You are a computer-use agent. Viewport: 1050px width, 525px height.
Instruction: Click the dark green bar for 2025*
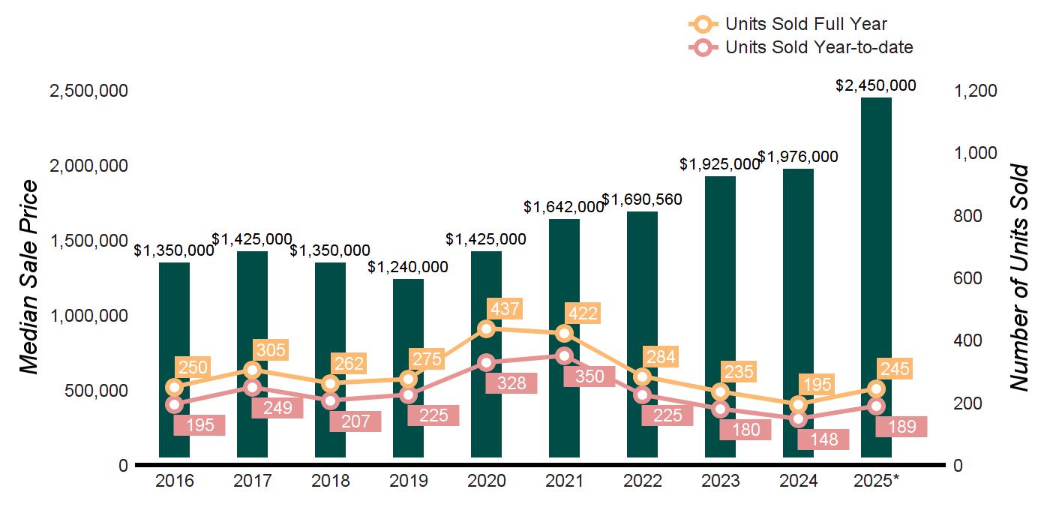pyautogui.click(x=876, y=277)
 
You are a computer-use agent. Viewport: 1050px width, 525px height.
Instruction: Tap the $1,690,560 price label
pyautogui.click(x=642, y=199)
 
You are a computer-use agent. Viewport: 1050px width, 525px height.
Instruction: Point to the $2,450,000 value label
pyautogui.click(x=876, y=85)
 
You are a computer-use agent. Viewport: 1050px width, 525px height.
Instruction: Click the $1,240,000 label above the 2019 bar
pyautogui.click(x=408, y=267)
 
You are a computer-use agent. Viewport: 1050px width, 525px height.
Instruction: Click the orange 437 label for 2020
pyautogui.click(x=503, y=308)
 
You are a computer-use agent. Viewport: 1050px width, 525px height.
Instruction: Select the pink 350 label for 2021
pyautogui.click(x=589, y=376)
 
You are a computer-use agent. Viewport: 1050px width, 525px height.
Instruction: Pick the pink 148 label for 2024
pyautogui.click(x=823, y=439)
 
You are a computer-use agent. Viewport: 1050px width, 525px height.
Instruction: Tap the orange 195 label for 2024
pyautogui.click(x=817, y=385)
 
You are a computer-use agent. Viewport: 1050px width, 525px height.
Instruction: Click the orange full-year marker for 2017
pyautogui.click(x=253, y=370)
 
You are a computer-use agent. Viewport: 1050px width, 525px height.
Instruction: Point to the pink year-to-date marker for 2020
pyautogui.click(x=487, y=363)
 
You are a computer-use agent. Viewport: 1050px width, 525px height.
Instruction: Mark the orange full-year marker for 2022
pyautogui.click(x=643, y=376)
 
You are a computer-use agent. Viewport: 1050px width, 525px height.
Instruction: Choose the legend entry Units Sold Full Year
pyautogui.click(x=805, y=25)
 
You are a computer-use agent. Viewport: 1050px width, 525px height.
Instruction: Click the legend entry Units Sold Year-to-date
pyautogui.click(x=818, y=47)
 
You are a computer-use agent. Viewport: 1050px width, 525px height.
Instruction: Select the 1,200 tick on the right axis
pyautogui.click(x=975, y=91)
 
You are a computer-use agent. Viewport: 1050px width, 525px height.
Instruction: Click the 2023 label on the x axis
pyautogui.click(x=720, y=481)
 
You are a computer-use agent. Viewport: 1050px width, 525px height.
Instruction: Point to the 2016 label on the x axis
pyautogui.click(x=174, y=481)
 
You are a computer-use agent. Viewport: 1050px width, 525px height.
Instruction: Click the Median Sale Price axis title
pyautogui.click(x=28, y=277)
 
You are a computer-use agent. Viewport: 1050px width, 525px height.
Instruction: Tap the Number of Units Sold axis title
pyautogui.click(x=1019, y=277)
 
